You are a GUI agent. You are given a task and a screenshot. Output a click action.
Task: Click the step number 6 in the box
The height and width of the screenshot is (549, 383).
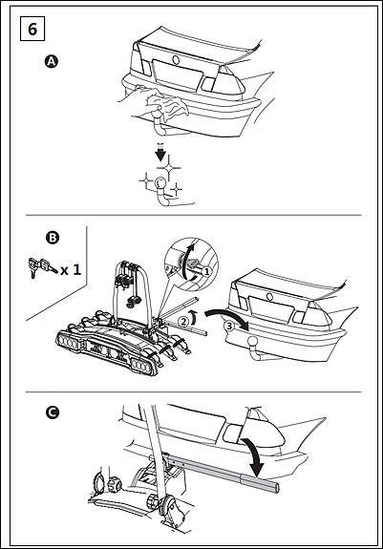coord(32,29)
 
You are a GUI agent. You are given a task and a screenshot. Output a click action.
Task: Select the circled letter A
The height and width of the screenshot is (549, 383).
coord(52,62)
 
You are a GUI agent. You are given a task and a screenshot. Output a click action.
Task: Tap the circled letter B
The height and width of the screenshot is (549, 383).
coord(53,238)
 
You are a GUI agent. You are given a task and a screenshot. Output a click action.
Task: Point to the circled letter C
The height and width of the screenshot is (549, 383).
coord(53,412)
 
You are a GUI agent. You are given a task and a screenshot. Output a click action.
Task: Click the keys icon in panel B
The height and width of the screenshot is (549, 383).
coord(42,267)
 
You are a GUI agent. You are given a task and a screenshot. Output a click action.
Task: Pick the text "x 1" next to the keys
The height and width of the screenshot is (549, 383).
coord(71,269)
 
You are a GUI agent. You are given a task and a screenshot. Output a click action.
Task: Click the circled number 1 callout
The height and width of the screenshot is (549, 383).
coord(207,271)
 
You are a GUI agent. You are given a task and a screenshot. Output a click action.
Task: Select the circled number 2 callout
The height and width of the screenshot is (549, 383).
coord(183,321)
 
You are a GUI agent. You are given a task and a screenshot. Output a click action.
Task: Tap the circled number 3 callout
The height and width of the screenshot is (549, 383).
coord(228,326)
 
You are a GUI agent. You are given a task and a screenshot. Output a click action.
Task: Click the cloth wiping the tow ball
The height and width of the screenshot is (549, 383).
coord(168,104)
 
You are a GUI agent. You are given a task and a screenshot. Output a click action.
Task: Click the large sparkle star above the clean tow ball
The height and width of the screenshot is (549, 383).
coord(168,168)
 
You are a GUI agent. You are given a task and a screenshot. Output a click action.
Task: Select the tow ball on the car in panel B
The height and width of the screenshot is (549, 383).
coord(252,342)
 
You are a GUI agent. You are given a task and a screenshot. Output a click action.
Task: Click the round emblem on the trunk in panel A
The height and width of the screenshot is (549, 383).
coord(176,60)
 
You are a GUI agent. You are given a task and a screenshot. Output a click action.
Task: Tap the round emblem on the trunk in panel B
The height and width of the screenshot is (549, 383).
coord(269,297)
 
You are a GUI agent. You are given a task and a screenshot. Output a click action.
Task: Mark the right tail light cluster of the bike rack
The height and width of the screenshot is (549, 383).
coord(142,366)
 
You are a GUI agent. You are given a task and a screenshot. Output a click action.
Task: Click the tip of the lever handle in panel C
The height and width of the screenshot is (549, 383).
coord(278,487)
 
